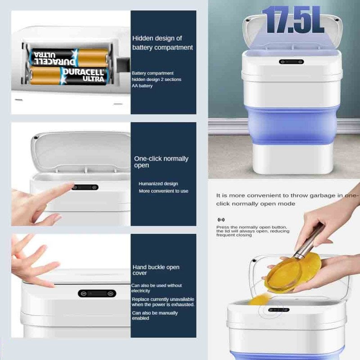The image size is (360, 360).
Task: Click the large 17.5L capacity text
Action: pyautogui.click(x=293, y=20)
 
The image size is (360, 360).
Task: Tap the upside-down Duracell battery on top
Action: pyautogui.click(x=69, y=57)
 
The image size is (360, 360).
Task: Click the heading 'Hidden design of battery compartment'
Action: pyautogui.click(x=162, y=43)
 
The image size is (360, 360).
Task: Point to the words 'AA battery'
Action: pyautogui.click(x=142, y=85)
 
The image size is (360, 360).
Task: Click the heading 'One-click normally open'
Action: pyautogui.click(x=161, y=162)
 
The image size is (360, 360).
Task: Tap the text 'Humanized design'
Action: pyautogui.click(x=158, y=184)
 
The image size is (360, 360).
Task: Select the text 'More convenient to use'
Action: pyautogui.click(x=163, y=191)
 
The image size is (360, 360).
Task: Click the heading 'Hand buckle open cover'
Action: pyautogui.click(x=156, y=270)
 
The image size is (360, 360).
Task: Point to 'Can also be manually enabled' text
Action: pyautogui.click(x=155, y=315)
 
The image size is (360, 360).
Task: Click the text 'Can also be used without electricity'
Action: pyautogui.click(x=156, y=288)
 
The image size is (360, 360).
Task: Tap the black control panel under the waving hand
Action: pyautogui.click(x=97, y=293)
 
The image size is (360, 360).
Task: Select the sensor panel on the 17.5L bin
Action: pyautogui.click(x=291, y=62)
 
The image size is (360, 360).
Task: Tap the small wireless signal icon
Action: pyautogui.click(x=221, y=220)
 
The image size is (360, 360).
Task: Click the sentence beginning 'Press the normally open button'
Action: pyautogui.click(x=253, y=231)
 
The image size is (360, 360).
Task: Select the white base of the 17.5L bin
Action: pyautogui.click(x=293, y=159)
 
